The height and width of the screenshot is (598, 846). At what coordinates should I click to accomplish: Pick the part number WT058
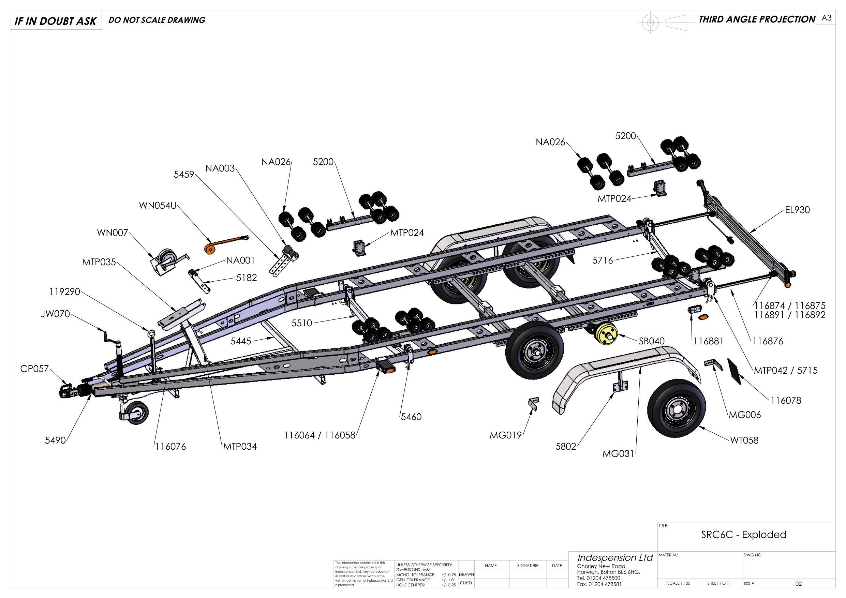pyautogui.click(x=744, y=440)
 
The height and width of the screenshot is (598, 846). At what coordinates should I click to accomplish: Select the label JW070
pyautogui.click(x=55, y=315)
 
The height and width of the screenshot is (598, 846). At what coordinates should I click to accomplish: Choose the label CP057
pyautogui.click(x=34, y=369)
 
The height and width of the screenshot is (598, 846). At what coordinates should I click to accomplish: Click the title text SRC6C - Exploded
pyautogui.click(x=743, y=544)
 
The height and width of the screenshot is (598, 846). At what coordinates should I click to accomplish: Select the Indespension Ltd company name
pyautogui.click(x=615, y=557)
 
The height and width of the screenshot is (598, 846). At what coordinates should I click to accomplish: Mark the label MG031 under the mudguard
pyautogui.click(x=618, y=454)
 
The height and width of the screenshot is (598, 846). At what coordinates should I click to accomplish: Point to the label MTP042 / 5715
pyautogui.click(x=786, y=370)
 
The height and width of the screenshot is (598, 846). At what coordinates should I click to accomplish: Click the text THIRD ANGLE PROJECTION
pyautogui.click(x=757, y=19)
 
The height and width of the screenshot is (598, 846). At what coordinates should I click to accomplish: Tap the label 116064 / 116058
pyautogui.click(x=320, y=435)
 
